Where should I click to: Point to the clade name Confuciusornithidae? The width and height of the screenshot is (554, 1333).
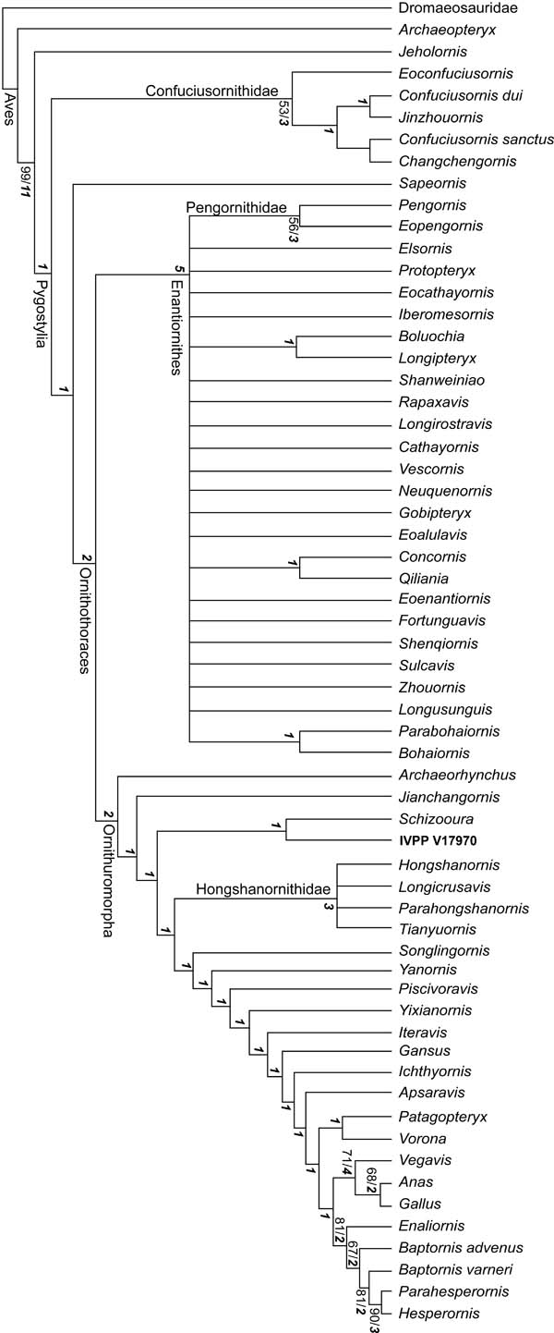pos(216,90)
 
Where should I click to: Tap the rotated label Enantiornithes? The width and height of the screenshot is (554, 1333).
pos(179,324)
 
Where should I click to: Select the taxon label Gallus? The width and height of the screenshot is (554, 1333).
pos(418,1203)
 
